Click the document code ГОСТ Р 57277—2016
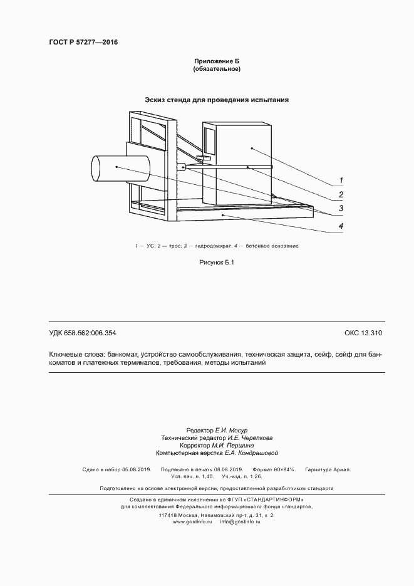click(x=83, y=43)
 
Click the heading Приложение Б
click(x=217, y=61)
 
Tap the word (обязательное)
click(x=217, y=69)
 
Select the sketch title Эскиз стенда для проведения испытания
click(x=217, y=100)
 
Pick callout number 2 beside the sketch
click(x=341, y=194)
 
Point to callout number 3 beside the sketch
click(x=341, y=209)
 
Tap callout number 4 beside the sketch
click(x=341, y=226)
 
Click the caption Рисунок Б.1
click(x=216, y=263)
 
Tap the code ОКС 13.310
click(x=363, y=333)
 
